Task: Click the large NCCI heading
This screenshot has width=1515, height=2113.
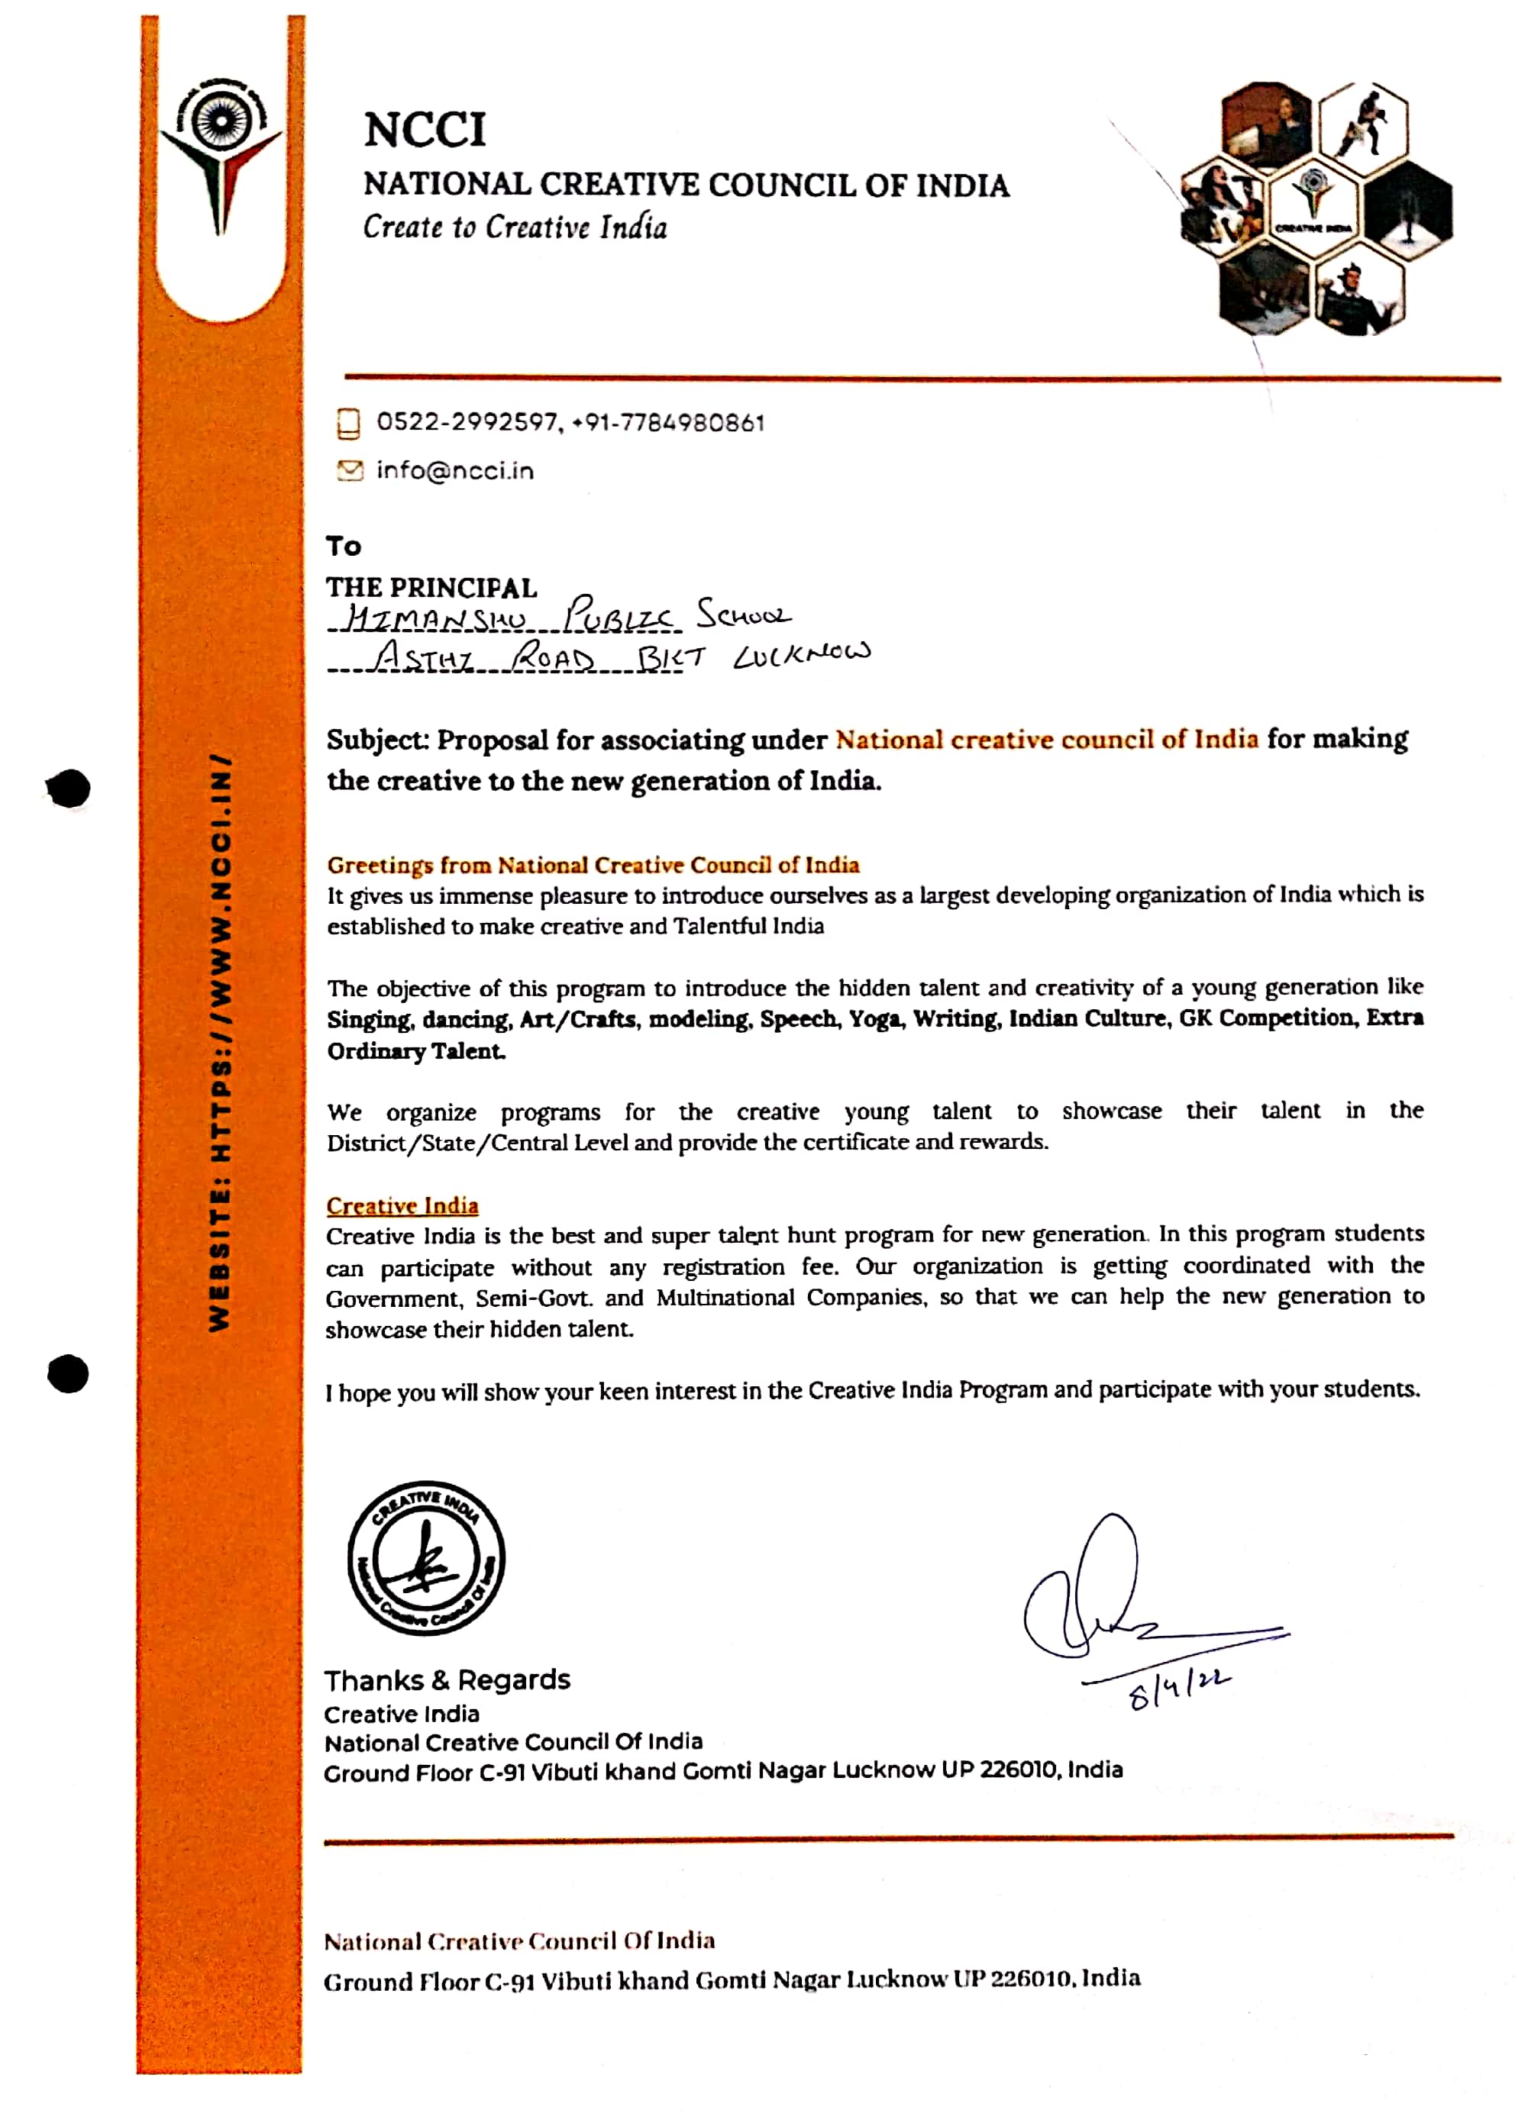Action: [424, 130]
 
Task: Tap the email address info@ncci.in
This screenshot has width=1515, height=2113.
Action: [454, 470]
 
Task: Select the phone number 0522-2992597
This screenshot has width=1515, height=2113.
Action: [466, 422]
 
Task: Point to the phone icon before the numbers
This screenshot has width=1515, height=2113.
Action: [348, 423]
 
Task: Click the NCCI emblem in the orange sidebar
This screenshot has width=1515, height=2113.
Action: [221, 153]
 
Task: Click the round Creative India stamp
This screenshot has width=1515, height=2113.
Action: [426, 1558]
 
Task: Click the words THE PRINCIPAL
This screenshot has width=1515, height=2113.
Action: [431, 587]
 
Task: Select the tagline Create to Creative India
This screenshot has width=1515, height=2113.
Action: [515, 227]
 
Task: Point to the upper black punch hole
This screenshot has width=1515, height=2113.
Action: [68, 789]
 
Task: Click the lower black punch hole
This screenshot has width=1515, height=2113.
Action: [68, 1373]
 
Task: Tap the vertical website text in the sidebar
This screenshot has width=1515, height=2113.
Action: [220, 1043]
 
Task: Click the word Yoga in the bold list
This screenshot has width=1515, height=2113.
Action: [875, 1018]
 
